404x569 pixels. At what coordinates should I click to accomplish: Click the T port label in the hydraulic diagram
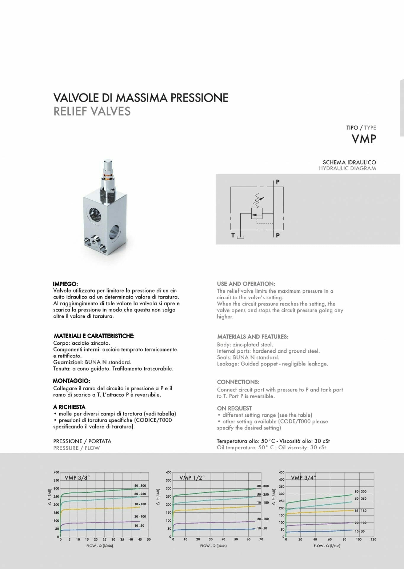pyautogui.click(x=233, y=236)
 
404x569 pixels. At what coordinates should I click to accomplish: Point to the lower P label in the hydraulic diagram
pyautogui.click(x=278, y=236)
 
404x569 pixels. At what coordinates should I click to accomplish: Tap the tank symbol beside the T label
pyautogui.click(x=240, y=237)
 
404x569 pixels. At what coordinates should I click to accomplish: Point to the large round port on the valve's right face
pyautogui.click(x=116, y=231)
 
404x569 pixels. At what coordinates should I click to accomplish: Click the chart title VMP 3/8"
pyautogui.click(x=77, y=477)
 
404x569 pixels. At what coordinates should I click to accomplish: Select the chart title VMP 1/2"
pyautogui.click(x=192, y=478)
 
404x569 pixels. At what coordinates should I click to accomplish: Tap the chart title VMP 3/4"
pyautogui.click(x=303, y=478)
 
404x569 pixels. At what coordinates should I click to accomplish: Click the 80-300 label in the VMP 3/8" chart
pyautogui.click(x=140, y=486)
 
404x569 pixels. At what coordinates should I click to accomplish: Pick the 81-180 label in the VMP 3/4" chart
pyautogui.click(x=360, y=511)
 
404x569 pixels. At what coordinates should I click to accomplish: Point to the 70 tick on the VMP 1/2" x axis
pyautogui.click(x=261, y=539)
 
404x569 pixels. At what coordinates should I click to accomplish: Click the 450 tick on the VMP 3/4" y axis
pyautogui.click(x=282, y=472)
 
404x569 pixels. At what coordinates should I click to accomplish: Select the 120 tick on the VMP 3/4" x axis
pyautogui.click(x=373, y=539)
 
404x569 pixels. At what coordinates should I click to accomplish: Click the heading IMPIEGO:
pyautogui.click(x=65, y=284)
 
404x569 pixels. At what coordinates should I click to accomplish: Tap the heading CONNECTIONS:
pyautogui.click(x=238, y=382)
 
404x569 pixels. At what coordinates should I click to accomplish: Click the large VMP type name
pyautogui.click(x=364, y=139)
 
